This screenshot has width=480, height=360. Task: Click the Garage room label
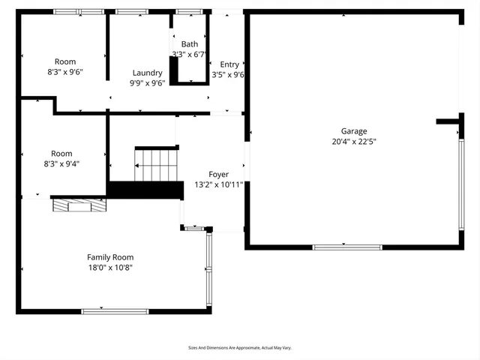pyautogui.click(x=354, y=130)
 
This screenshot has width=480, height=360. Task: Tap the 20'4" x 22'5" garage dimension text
pyautogui.click(x=354, y=141)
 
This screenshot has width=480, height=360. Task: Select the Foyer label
pyautogui.click(x=218, y=174)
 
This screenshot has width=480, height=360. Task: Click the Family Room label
pyautogui.click(x=110, y=257)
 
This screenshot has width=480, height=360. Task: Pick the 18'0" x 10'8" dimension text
pyautogui.click(x=110, y=267)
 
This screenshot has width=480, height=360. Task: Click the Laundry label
pyautogui.click(x=148, y=73)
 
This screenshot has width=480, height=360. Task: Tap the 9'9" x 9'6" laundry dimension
pyautogui.click(x=148, y=83)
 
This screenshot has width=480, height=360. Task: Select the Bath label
pyautogui.click(x=190, y=44)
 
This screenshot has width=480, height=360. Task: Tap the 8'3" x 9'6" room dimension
pyautogui.click(x=65, y=72)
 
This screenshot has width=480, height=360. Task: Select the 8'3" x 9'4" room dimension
pyautogui.click(x=65, y=163)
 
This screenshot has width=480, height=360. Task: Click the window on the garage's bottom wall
pyautogui.click(x=342, y=247)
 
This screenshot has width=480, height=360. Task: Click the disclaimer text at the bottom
pyautogui.click(x=239, y=347)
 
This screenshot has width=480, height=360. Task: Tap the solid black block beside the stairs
pyautogui.click(x=146, y=190)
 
